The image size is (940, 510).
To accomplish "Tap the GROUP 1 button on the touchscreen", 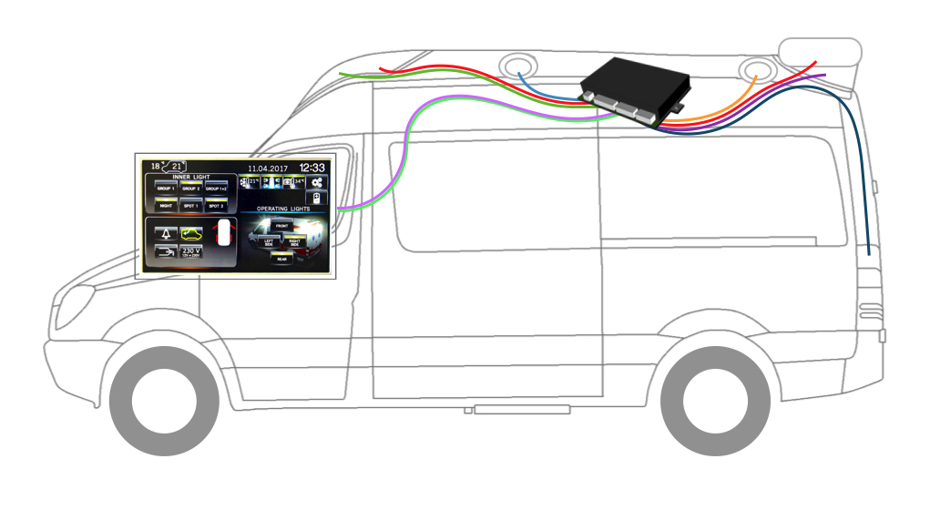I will tap(166, 189).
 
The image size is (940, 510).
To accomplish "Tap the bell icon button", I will tap(166, 234).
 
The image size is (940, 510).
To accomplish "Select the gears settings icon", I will tap(317, 182).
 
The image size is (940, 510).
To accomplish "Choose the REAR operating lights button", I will tap(282, 259).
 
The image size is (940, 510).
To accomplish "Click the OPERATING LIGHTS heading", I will tap(283, 209).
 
